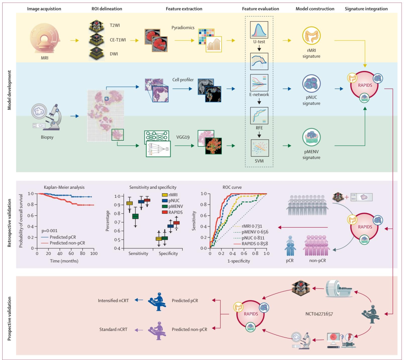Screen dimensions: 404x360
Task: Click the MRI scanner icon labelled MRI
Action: tap(45, 39)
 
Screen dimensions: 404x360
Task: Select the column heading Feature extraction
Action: tap(184, 9)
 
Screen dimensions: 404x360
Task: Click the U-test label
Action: tap(259, 42)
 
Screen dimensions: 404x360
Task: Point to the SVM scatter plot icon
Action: tap(260, 148)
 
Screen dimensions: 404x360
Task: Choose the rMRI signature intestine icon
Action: tap(312, 36)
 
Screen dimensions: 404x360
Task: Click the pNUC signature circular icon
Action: tap(312, 83)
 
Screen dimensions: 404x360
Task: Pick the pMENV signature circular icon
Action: tap(312, 137)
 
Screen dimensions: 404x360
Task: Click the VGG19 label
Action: tap(183, 137)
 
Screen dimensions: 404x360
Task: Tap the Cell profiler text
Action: tap(183, 80)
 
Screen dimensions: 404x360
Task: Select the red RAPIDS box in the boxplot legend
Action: tap(165, 212)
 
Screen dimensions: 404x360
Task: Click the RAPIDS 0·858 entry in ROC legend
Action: tap(255, 244)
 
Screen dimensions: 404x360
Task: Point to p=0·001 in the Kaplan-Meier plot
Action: tap(49, 231)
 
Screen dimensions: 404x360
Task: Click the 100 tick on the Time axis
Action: tap(94, 253)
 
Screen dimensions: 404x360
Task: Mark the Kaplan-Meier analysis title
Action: tap(64, 187)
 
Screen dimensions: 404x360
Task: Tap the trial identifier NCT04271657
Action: tap(319, 314)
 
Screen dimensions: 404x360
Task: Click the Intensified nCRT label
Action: tap(113, 301)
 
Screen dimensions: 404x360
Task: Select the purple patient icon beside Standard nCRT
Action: tap(157, 330)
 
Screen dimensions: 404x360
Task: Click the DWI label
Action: tap(114, 54)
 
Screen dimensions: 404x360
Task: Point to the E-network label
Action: tap(259, 95)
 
